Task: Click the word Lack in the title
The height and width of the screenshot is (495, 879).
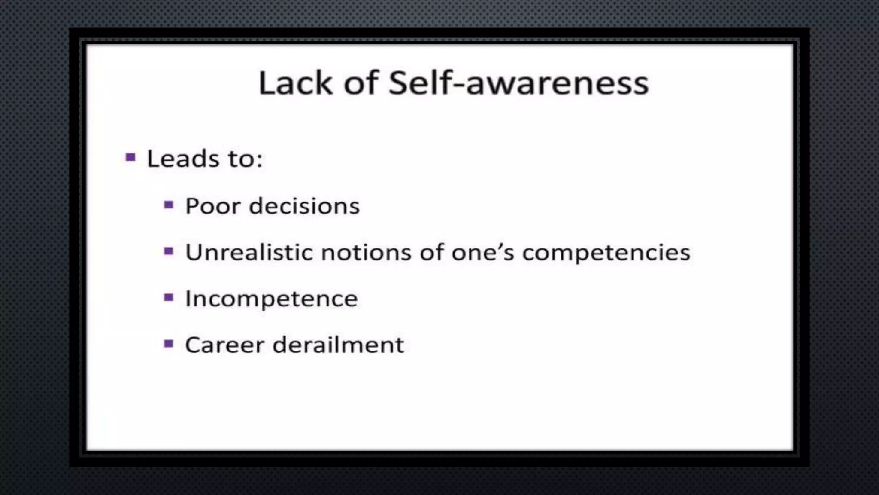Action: pyautogui.click(x=295, y=83)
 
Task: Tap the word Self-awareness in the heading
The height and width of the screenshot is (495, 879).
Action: pyautogui.click(x=518, y=83)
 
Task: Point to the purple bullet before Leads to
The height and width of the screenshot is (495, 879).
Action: pyautogui.click(x=130, y=157)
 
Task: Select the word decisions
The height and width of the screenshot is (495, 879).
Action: pyautogui.click(x=304, y=206)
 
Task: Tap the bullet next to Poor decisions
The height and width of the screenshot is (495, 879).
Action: pyautogui.click(x=169, y=205)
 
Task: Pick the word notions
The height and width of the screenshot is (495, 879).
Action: pyautogui.click(x=366, y=252)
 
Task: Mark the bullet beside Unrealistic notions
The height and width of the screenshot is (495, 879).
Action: pyautogui.click(x=169, y=251)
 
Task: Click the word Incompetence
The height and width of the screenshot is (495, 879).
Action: pyautogui.click(x=271, y=299)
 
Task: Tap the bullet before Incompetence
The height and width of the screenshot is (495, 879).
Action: pyautogui.click(x=169, y=297)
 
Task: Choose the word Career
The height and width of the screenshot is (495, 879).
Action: pyautogui.click(x=224, y=345)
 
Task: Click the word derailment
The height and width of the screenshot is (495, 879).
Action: pyautogui.click(x=338, y=345)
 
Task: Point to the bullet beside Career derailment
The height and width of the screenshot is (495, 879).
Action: pyautogui.click(x=169, y=344)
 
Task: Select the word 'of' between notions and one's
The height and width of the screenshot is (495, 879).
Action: pyautogui.click(x=432, y=252)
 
